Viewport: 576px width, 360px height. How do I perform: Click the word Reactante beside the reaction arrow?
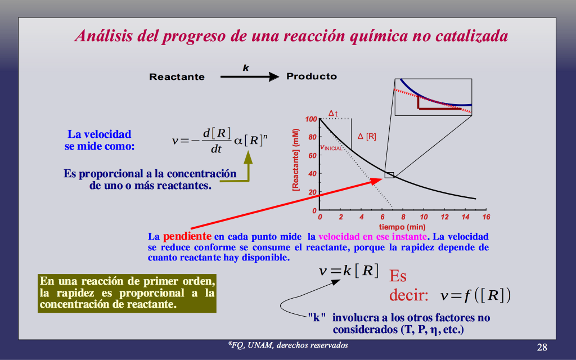click(x=177, y=76)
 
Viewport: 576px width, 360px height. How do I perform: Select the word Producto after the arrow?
click(x=312, y=76)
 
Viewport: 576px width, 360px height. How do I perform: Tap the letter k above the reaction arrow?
click(x=246, y=67)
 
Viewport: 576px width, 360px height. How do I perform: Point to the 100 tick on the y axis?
click(x=310, y=119)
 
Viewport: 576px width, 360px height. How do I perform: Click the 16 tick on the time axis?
click(x=486, y=217)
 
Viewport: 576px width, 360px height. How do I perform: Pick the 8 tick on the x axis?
click(x=403, y=217)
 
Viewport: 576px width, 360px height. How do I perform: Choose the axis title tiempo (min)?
click(x=402, y=227)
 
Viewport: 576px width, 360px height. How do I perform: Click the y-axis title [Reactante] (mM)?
click(x=296, y=160)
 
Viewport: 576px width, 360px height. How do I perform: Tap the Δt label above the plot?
click(x=333, y=114)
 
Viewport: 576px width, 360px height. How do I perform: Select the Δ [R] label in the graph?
click(x=367, y=136)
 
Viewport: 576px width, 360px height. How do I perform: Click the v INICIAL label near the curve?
click(x=331, y=148)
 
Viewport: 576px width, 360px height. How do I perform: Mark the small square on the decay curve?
click(x=389, y=175)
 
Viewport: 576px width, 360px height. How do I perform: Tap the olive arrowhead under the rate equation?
click(x=248, y=157)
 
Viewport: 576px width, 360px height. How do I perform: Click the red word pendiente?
click(x=187, y=236)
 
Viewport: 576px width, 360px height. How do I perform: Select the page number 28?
click(x=542, y=347)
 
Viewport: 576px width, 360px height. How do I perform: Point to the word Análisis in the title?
click(x=103, y=36)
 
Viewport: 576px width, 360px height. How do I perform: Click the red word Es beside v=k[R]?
click(x=398, y=276)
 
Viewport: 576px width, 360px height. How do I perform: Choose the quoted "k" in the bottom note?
click(x=317, y=317)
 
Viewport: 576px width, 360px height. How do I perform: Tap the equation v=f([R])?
click(x=475, y=295)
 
